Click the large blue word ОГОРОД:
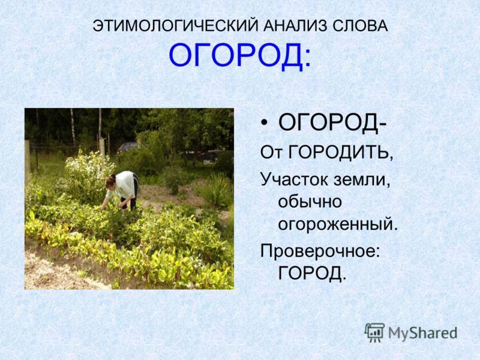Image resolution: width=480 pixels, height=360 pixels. pyautogui.click(x=240, y=57)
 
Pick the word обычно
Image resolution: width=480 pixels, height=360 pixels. pyautogui.click(x=308, y=202)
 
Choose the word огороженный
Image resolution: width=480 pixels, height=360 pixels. pyautogui.click(x=338, y=226)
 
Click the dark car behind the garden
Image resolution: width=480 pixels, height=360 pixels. pyautogui.click(x=127, y=148)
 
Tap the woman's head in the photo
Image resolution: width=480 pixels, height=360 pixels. pyautogui.click(x=111, y=181)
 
